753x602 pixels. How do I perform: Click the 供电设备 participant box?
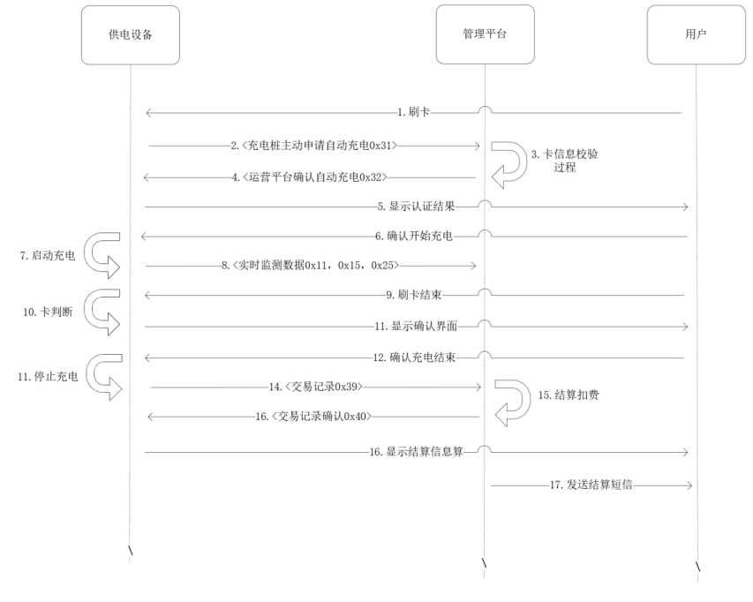pos(130,35)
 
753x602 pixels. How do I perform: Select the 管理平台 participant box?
pos(485,34)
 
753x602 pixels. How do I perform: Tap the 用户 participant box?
pos(696,34)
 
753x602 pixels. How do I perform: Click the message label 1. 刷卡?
pos(413,112)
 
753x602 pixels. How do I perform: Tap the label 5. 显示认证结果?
pos(416,207)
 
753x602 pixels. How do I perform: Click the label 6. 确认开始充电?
pos(414,237)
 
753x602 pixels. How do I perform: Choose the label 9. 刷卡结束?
pos(414,295)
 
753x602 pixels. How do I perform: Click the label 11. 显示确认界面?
pos(416,326)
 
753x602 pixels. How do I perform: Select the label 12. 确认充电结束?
pos(414,357)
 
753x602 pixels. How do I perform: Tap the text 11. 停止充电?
pos(48,376)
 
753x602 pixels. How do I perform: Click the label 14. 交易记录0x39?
pos(316,387)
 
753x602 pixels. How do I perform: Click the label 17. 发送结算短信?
pos(591,485)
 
